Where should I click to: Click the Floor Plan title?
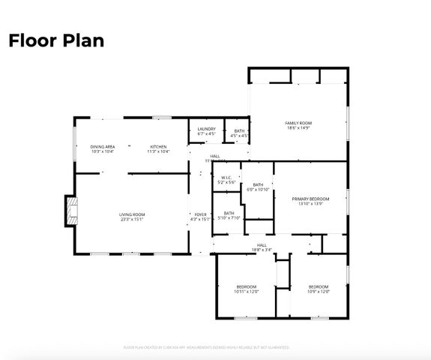coord(55,40)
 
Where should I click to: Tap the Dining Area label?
coord(102,146)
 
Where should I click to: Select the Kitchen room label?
coord(157,146)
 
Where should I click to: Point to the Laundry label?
coord(206,129)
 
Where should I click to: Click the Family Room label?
coord(298,123)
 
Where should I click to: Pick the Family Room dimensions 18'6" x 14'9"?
coord(298,128)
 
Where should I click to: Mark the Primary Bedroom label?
coord(310,199)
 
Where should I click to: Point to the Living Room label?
coord(131,215)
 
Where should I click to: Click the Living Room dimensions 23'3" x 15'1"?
coord(131,220)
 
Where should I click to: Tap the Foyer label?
coord(200,215)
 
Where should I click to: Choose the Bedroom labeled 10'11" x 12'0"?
coord(246,289)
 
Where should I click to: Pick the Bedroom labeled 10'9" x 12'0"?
coord(318,289)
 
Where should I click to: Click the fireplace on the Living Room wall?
coord(70,211)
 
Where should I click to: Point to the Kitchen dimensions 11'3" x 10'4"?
coord(157,151)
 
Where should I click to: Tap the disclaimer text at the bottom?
coord(205,347)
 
